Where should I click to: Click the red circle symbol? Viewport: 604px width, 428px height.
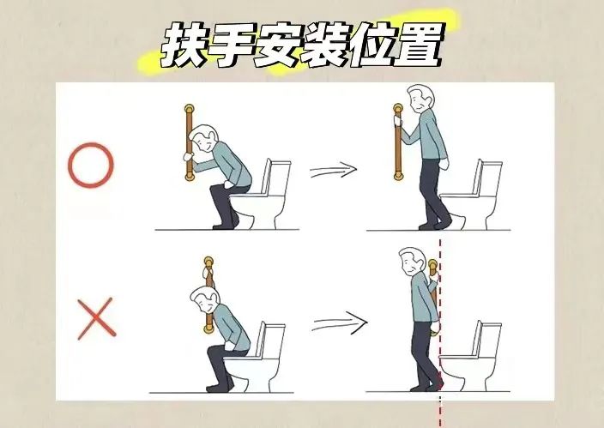(x=90, y=166)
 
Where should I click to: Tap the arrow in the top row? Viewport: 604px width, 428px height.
(x=332, y=171)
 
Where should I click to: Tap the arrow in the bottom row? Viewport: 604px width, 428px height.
(x=338, y=324)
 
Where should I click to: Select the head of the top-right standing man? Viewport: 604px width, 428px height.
(x=420, y=101)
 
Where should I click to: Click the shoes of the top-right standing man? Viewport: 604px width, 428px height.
(x=432, y=224)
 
